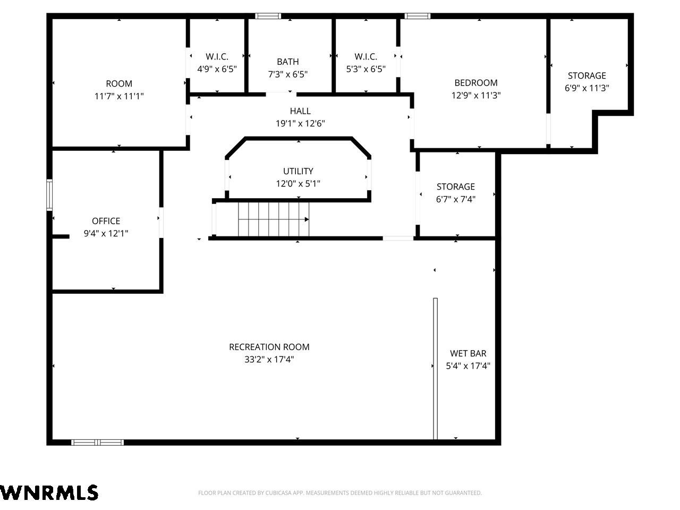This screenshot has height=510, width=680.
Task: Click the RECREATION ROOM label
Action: [x=269, y=347]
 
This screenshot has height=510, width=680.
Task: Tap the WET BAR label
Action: [x=468, y=353]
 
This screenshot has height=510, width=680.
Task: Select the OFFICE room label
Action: [x=106, y=221]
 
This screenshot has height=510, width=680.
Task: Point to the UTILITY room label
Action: [x=298, y=171]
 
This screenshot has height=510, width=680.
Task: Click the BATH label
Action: [x=288, y=62]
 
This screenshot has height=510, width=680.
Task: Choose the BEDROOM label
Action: [x=476, y=83]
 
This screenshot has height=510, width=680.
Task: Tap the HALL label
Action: [x=300, y=111]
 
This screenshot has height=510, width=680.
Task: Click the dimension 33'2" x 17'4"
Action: [x=269, y=360]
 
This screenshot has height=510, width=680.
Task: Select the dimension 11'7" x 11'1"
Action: [x=119, y=96]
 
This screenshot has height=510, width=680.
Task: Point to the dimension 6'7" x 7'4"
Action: [x=455, y=199]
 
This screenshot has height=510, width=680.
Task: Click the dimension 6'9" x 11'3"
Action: [x=586, y=88]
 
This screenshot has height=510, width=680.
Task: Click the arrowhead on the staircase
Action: [x=307, y=219]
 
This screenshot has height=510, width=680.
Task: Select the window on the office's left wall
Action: [x=49, y=195]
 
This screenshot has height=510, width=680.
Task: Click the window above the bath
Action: [x=268, y=16]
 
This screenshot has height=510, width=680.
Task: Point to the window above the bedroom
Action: [x=417, y=16]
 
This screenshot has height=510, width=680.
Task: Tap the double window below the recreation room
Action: [x=97, y=442]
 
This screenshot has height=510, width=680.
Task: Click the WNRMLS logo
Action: [x=49, y=492]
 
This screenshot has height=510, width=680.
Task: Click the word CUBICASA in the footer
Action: [x=277, y=492]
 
